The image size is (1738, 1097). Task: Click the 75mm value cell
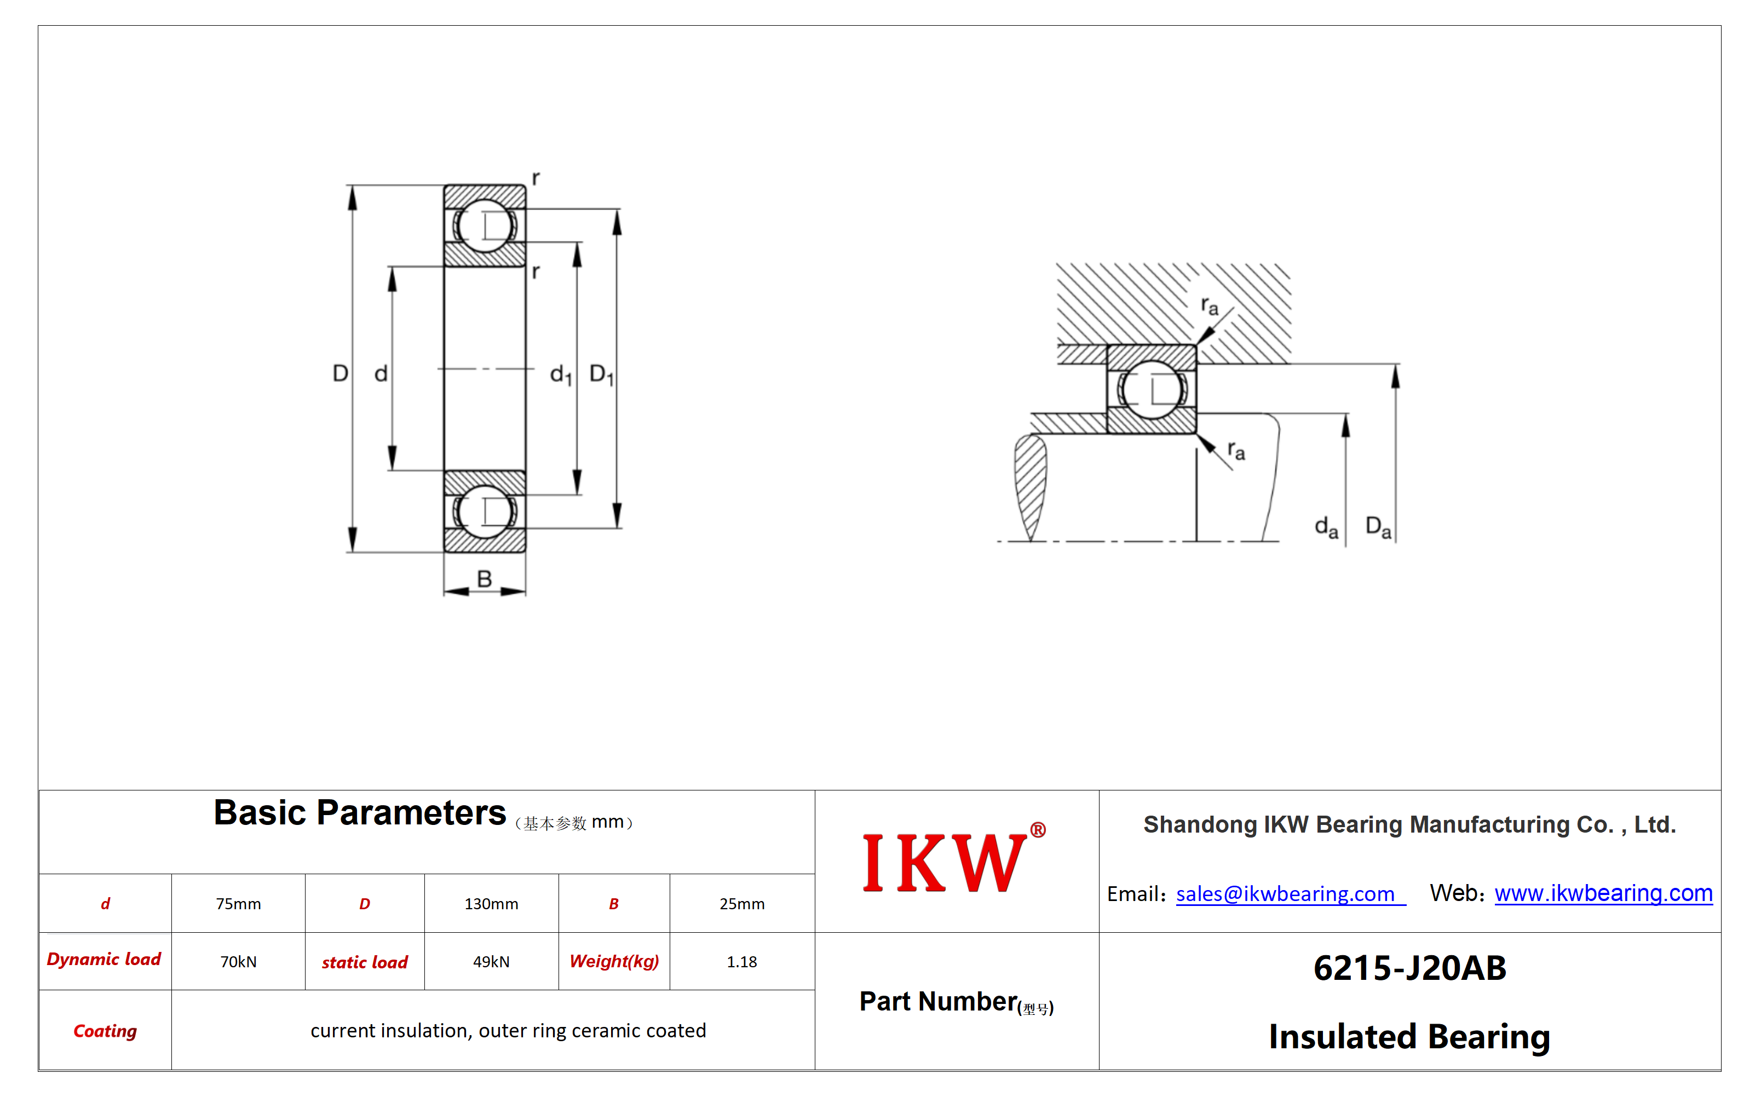[238, 904]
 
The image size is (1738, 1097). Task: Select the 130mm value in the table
[491, 904]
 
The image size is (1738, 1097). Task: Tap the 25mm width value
[741, 904]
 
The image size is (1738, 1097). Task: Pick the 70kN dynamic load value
[238, 961]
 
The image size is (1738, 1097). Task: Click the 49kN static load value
[491, 961]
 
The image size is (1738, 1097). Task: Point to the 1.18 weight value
[741, 961]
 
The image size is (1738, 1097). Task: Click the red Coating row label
[105, 1031]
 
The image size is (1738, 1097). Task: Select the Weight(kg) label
[614, 961]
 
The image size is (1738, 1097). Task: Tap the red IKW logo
[953, 861]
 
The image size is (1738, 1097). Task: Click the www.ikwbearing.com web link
[1603, 893]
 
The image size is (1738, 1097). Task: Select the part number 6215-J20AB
[1409, 968]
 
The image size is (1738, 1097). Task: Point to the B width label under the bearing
[484, 578]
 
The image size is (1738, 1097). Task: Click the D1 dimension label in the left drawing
[601, 374]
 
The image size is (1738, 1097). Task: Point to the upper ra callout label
[1209, 306]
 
